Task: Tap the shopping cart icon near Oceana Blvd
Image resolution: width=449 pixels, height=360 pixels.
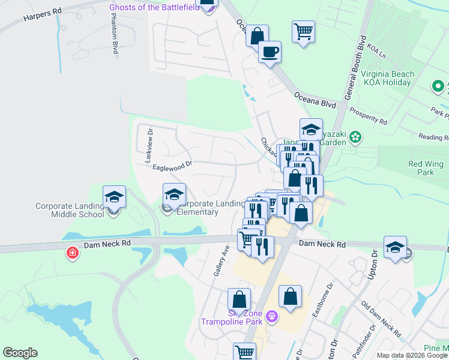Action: (x=303, y=31)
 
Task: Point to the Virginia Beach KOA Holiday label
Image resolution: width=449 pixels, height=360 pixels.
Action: (x=387, y=79)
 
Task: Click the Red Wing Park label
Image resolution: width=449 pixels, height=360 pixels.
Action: (x=425, y=168)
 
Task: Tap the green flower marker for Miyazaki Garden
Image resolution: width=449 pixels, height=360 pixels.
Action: (x=355, y=137)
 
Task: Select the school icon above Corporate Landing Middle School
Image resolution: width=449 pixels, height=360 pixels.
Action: (x=113, y=196)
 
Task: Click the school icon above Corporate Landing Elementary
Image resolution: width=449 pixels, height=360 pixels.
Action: (x=174, y=194)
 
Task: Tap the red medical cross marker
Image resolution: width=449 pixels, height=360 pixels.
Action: (x=73, y=253)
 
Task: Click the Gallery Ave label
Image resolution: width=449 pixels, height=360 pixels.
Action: (x=220, y=260)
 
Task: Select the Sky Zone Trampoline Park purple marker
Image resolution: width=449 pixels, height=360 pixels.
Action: (x=271, y=315)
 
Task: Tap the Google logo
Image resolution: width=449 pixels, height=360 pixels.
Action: (x=20, y=353)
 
